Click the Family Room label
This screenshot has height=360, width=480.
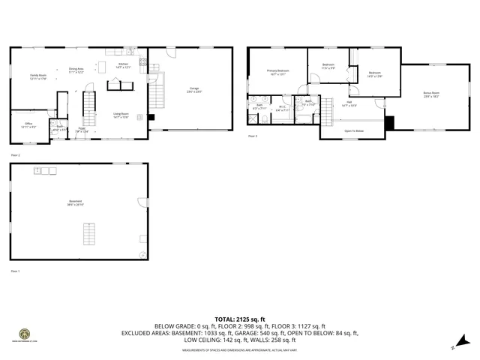[37, 76]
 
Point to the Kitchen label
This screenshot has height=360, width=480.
[124, 65]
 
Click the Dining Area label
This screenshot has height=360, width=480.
[76, 70]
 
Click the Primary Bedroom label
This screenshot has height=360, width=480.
[277, 72]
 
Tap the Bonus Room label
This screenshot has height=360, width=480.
[431, 94]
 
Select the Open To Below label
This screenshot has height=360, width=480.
[354, 130]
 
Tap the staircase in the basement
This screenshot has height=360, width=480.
[89, 234]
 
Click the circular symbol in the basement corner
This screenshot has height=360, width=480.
[142, 253]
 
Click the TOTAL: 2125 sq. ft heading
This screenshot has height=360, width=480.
[240, 319]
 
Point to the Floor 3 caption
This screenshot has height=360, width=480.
[253, 136]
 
